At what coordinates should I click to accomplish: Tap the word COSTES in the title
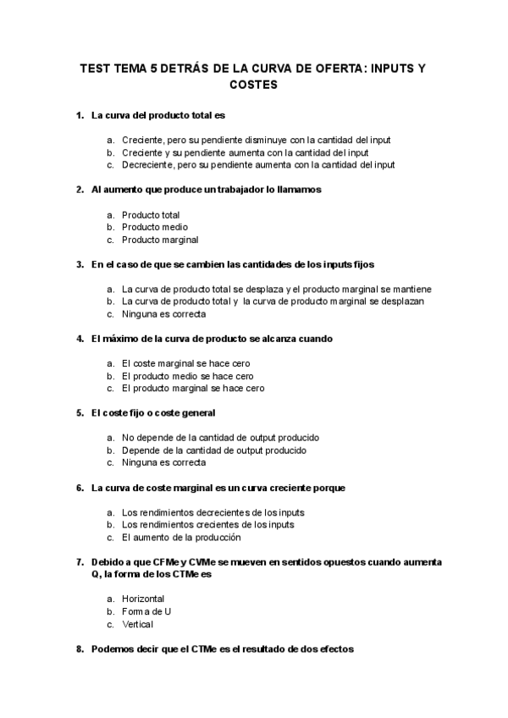tap(254, 86)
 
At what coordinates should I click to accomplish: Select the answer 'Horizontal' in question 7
tap(143, 599)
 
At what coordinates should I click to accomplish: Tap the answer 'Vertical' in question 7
tap(138, 624)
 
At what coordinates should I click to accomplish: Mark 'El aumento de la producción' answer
tap(181, 537)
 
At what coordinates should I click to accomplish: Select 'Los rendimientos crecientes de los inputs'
tap(208, 524)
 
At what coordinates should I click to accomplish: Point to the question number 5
tap(80, 413)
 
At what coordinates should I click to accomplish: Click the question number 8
tap(80, 649)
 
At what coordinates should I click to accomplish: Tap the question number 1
tap(80, 115)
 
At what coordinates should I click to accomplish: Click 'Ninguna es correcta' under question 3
tap(163, 314)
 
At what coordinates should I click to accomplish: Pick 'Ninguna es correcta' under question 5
tap(163, 463)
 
